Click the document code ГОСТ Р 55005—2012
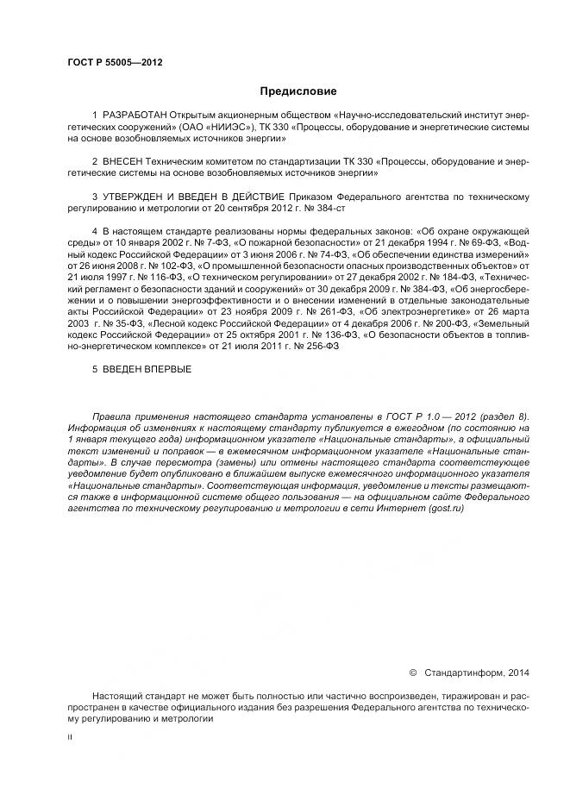115,62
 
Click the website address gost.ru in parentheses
446,510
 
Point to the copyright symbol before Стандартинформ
412,672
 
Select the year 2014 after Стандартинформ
519,672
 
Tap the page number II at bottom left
70,738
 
